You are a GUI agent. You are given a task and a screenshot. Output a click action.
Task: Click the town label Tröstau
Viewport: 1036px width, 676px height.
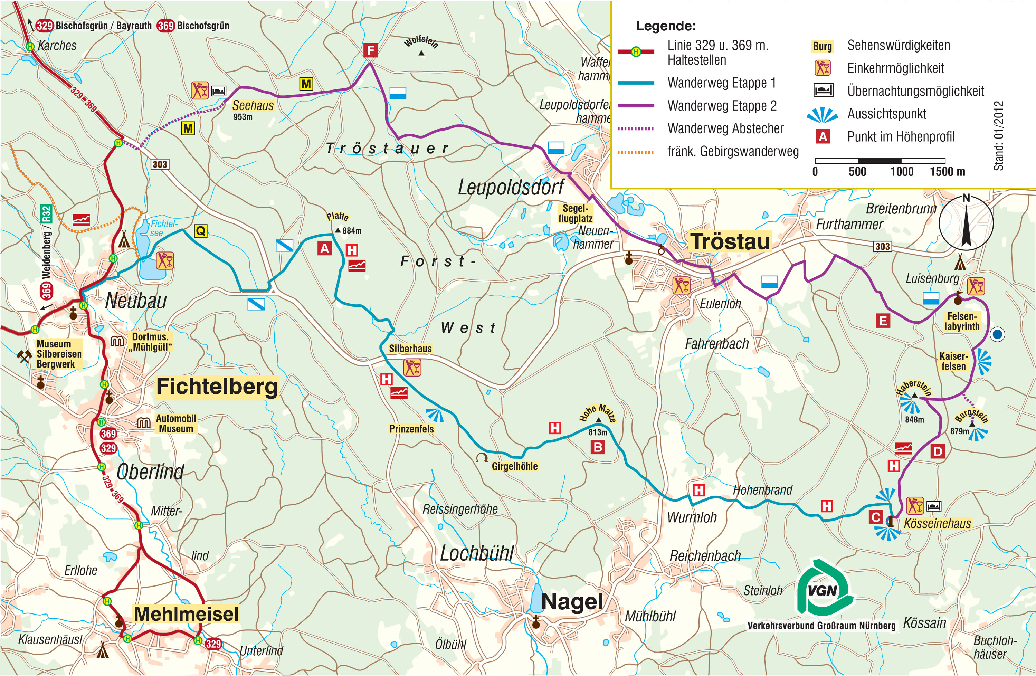730,241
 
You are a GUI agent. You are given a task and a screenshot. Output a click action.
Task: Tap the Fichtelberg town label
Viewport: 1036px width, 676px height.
217,387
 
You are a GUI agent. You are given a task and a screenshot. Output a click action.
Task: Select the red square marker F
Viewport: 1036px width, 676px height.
370,50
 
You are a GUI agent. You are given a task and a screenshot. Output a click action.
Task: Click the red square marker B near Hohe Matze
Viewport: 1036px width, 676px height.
598,447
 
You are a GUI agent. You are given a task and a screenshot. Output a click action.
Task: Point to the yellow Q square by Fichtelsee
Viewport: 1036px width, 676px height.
200,231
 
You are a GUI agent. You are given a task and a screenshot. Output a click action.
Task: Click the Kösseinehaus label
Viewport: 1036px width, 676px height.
937,523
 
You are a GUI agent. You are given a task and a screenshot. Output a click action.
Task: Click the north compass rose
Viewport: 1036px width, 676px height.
966,222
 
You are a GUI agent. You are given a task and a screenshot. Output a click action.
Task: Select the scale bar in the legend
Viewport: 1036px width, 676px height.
879,161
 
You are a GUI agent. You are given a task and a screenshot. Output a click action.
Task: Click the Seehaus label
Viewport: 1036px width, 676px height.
253,105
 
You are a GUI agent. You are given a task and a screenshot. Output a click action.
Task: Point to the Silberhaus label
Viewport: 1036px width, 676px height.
410,349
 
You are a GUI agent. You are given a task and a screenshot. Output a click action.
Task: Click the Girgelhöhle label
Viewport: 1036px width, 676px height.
514,466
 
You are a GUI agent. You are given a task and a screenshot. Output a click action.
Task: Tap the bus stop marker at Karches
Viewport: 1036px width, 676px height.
30,46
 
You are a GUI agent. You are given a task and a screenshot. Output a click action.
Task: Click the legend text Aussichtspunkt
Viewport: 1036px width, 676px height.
886,114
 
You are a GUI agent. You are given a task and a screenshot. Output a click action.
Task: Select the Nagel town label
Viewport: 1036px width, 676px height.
572,602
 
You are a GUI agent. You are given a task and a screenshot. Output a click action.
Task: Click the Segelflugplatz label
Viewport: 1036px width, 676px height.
575,213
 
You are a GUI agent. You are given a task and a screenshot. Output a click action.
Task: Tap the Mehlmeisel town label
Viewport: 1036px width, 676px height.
186,614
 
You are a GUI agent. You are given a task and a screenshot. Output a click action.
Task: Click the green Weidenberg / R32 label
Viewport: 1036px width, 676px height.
46,241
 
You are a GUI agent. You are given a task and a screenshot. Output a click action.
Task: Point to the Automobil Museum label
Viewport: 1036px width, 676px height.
176,423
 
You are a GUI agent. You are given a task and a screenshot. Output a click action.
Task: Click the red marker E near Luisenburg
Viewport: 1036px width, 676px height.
883,321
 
